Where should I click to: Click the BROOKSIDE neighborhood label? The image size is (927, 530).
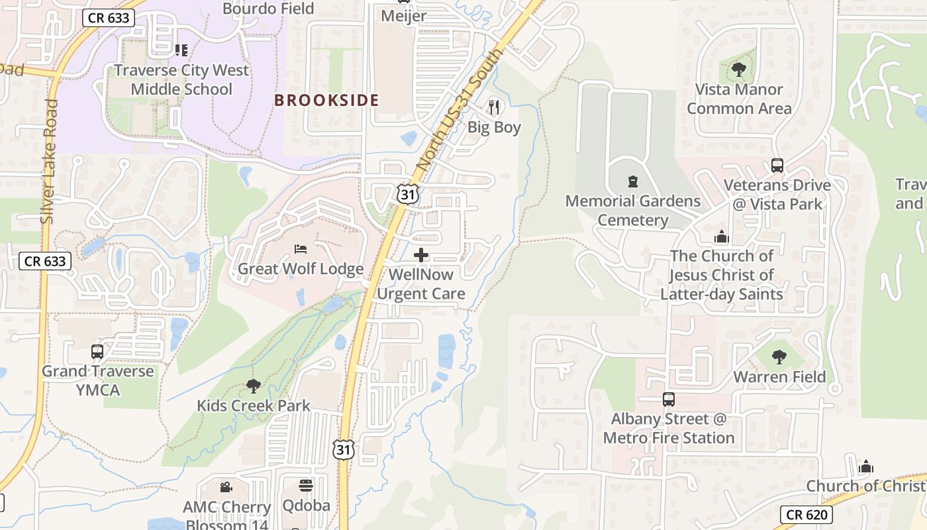[326, 101]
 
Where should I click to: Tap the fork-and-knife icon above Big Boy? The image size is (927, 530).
[494, 107]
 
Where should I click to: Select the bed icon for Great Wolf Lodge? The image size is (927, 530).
[301, 249]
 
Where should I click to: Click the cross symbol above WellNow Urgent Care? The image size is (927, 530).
[420, 255]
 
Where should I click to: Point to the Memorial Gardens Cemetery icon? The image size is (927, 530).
[632, 181]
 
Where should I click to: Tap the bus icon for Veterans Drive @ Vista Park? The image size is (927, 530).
[777, 166]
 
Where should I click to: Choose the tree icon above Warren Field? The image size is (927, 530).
[779, 357]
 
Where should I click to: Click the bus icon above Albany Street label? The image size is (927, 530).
[669, 399]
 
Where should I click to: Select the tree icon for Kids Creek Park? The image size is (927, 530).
[253, 386]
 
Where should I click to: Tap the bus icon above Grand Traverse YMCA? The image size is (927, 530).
[97, 352]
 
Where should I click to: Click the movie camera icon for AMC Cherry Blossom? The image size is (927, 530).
[226, 488]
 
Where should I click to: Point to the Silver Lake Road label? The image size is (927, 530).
[48, 161]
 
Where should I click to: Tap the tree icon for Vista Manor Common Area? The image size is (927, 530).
[739, 69]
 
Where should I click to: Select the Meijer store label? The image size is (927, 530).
[404, 16]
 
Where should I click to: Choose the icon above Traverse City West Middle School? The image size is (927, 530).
[181, 50]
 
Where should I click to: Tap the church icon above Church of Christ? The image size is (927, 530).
[865, 466]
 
